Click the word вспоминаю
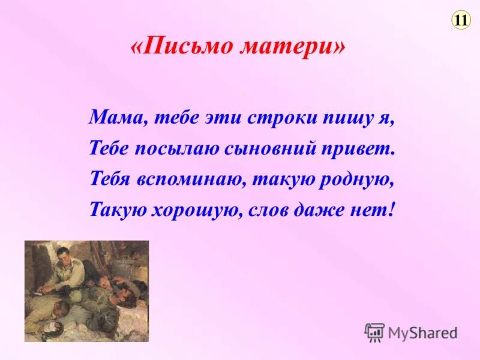(x=191, y=179)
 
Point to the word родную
(x=360, y=179)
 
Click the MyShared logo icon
(x=375, y=332)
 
